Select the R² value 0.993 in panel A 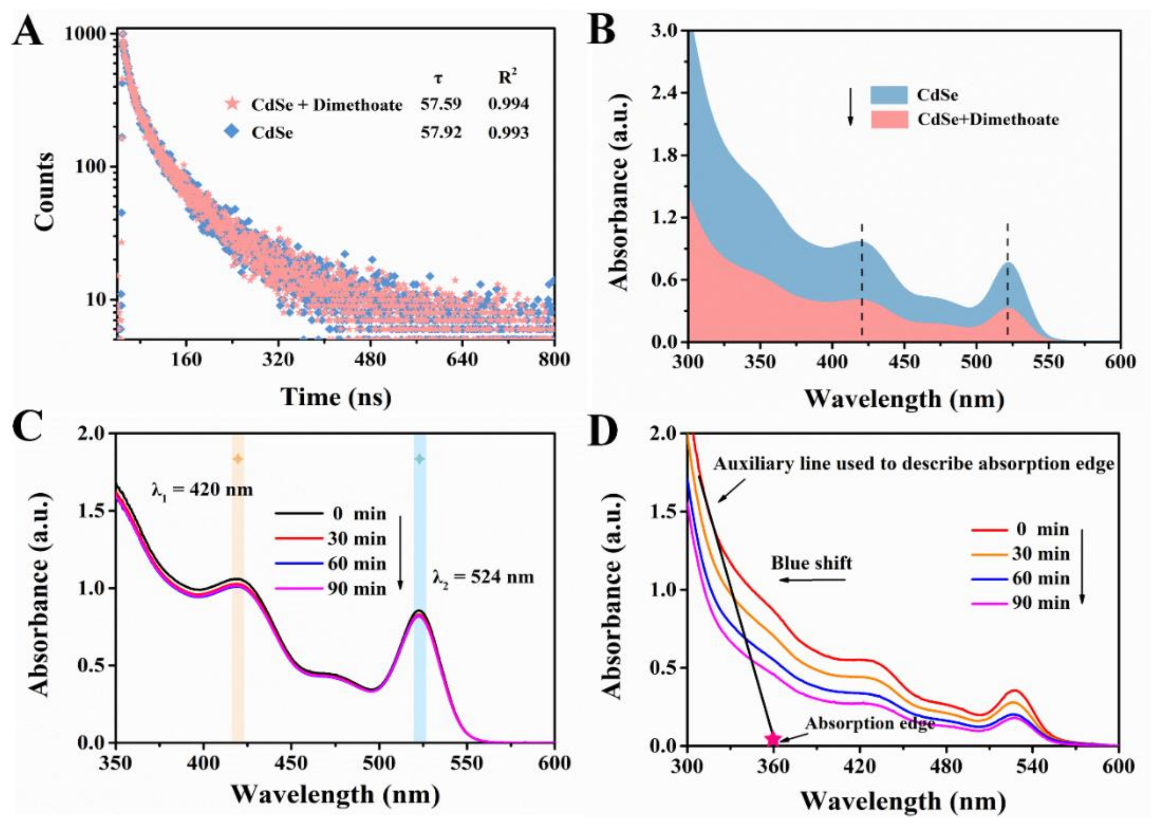tap(508, 133)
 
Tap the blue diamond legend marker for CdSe tap(232, 132)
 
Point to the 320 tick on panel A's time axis tap(278, 360)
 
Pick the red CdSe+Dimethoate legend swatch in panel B tap(889, 120)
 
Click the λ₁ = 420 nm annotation tap(202, 490)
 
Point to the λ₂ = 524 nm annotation tap(483, 577)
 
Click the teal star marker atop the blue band tap(420, 459)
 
